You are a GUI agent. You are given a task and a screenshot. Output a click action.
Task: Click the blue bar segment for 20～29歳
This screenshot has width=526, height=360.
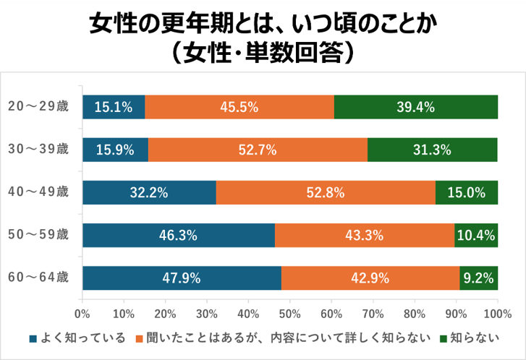[x=114, y=107]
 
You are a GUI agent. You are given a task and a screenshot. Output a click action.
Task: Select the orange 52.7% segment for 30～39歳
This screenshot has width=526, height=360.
[x=258, y=150]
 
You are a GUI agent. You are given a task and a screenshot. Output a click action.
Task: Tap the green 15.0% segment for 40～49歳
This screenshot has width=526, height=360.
[x=466, y=193]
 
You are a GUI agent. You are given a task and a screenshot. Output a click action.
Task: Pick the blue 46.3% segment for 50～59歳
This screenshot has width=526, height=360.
[x=178, y=236]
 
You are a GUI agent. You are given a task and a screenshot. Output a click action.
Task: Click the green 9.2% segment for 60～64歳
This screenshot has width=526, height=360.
[x=478, y=278]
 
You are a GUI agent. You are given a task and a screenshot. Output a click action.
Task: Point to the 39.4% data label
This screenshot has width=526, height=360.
[x=415, y=107]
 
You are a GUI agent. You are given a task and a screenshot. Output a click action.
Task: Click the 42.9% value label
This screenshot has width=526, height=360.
[x=370, y=278]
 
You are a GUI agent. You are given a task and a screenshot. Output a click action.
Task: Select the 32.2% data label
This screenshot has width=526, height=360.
[x=149, y=193]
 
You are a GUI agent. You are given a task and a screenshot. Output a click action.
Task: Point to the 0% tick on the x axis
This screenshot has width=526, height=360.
[x=82, y=314]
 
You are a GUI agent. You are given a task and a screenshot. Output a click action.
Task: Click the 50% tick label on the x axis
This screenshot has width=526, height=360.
[x=289, y=314]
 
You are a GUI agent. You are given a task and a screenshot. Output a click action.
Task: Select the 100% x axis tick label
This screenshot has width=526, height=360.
[x=496, y=314]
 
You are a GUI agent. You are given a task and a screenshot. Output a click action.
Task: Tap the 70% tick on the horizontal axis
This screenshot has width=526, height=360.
[x=373, y=314]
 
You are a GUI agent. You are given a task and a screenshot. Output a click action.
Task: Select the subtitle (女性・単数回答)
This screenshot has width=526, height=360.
[x=263, y=54]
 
